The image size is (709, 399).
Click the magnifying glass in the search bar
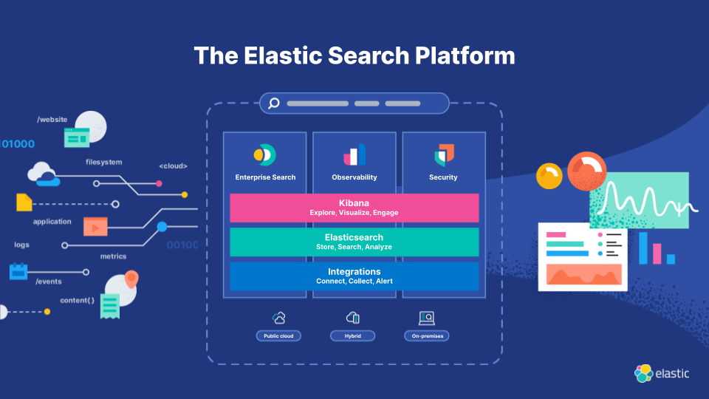coord(273,103)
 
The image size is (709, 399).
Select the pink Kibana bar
coord(354,208)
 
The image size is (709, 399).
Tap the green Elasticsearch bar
coord(354,242)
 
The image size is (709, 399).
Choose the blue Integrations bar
coord(354,276)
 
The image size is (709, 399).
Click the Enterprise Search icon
coord(264,154)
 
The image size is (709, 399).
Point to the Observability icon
coord(354,154)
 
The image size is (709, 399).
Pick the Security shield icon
coord(444,154)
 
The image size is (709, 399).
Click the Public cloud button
coord(278,336)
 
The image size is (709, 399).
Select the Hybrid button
coord(353,336)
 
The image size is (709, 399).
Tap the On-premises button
coord(426,336)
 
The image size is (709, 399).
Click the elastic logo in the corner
coord(662,373)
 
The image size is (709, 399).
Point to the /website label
coord(53,119)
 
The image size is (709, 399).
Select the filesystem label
coord(103,162)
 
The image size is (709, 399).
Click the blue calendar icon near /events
coord(18,271)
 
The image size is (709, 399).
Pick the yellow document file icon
coord(24,202)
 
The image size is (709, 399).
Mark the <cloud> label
coord(173,166)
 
